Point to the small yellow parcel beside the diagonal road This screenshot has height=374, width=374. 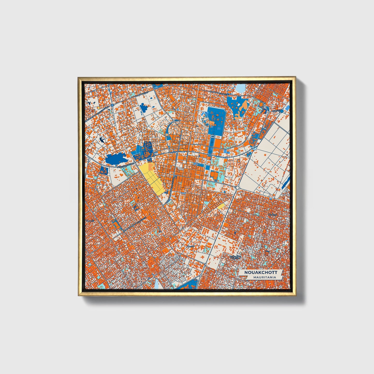tap(222, 207)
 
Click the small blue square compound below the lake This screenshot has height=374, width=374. tap(104, 170)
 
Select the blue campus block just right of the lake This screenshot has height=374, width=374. tap(144, 150)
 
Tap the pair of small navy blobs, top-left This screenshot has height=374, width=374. tap(90, 104)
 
